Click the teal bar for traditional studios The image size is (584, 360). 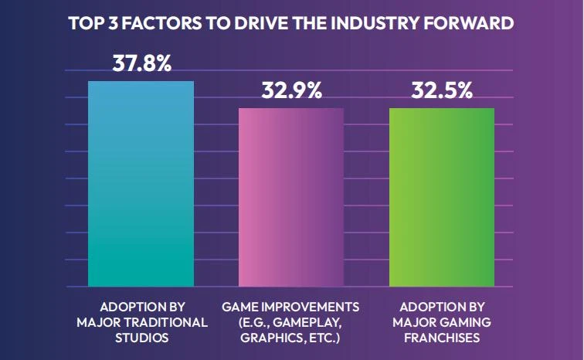coord(141,184)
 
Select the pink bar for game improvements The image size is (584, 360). coord(290,197)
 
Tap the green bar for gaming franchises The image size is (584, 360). coord(441,197)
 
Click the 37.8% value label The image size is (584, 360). coord(141,63)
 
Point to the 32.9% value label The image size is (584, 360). coord(291,91)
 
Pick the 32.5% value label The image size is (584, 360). coord(442,91)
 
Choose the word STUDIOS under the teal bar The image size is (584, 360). coord(141,337)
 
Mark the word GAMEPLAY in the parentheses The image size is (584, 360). coord(303,321)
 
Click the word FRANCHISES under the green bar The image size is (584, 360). coord(441,337)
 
